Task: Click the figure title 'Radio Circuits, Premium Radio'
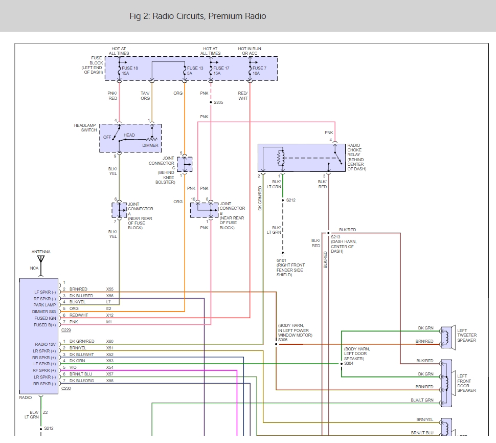198,16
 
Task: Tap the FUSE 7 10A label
259,71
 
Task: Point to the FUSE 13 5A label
195,71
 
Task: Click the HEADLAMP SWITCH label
85,128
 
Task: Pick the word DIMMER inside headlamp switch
150,145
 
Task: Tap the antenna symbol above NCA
41,259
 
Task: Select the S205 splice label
218,102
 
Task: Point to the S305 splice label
283,340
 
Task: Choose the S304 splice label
349,363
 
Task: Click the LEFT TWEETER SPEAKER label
466,335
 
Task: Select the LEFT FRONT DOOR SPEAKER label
466,383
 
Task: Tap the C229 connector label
66,330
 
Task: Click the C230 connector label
66,389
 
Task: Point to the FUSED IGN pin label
44,318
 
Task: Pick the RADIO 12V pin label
45,344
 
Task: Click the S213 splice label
335,237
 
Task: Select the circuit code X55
109,289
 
